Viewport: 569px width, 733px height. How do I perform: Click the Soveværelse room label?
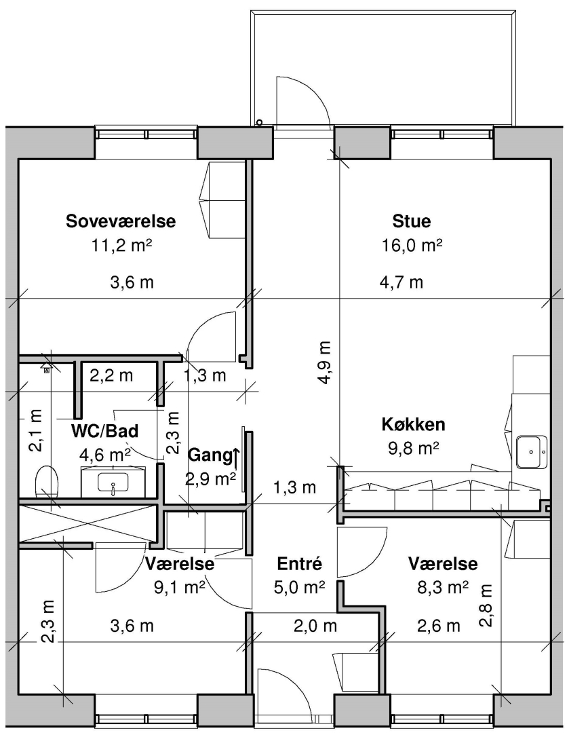[x=121, y=221]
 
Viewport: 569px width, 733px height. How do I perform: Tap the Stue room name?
[x=412, y=221]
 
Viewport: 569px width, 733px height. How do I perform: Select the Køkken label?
[x=414, y=424]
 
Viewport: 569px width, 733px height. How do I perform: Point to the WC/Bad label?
[x=104, y=430]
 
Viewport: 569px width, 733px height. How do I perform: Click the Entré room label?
[x=300, y=563]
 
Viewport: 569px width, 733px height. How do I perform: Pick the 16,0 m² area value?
[x=412, y=245]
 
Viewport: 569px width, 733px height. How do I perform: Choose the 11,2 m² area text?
[x=122, y=245]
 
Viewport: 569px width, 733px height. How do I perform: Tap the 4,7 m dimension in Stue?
[x=401, y=282]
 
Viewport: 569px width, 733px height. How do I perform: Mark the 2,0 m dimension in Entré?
[x=315, y=626]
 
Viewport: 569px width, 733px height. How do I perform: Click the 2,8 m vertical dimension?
[x=486, y=606]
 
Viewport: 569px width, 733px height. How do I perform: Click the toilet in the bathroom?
[x=47, y=482]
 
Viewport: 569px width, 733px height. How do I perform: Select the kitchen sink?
[x=532, y=451]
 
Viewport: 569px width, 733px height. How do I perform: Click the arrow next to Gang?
[x=236, y=458]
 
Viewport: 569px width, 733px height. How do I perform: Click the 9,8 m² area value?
[x=414, y=449]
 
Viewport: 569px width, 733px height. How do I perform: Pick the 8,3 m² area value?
[x=442, y=588]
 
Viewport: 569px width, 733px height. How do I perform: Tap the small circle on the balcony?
[x=260, y=122]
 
